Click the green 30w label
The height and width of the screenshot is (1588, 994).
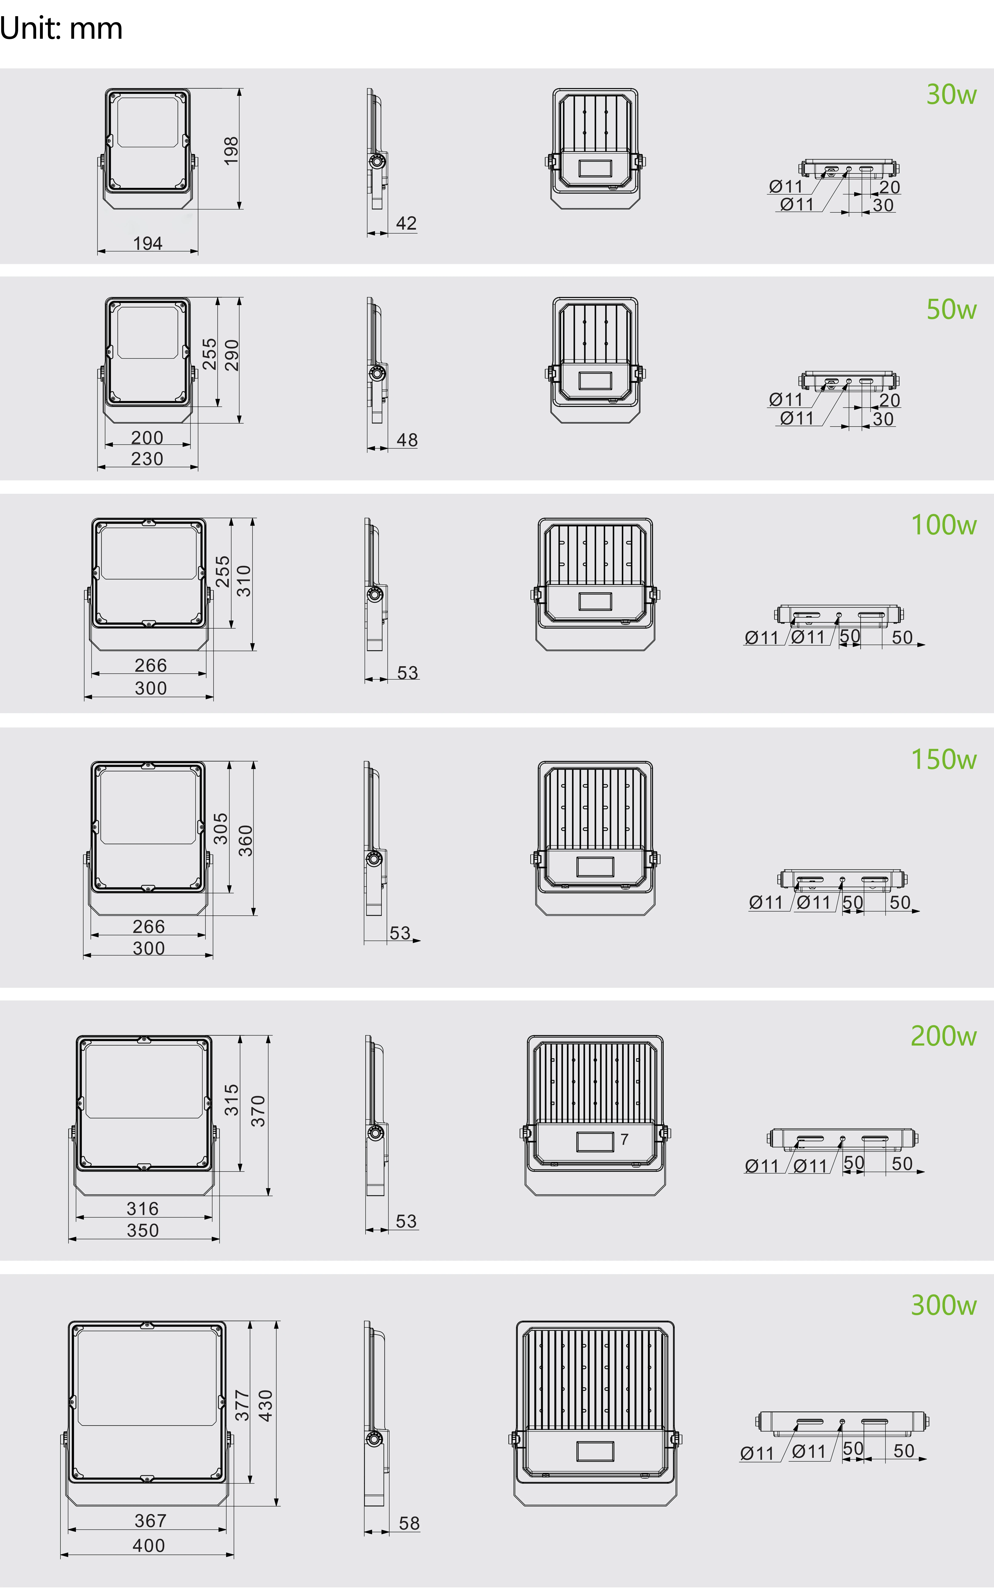[x=951, y=94]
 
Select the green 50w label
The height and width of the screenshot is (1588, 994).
[x=951, y=309]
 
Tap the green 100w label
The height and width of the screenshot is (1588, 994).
[x=943, y=525]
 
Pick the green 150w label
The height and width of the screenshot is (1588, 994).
[x=943, y=759]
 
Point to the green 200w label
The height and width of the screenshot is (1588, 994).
[x=943, y=1036]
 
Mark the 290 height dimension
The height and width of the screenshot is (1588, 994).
[x=231, y=355]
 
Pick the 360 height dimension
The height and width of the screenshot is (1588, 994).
[x=245, y=841]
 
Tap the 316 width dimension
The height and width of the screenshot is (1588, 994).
[x=143, y=1208]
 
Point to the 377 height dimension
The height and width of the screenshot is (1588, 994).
[x=243, y=1405]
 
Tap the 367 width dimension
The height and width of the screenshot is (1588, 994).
[x=150, y=1520]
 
